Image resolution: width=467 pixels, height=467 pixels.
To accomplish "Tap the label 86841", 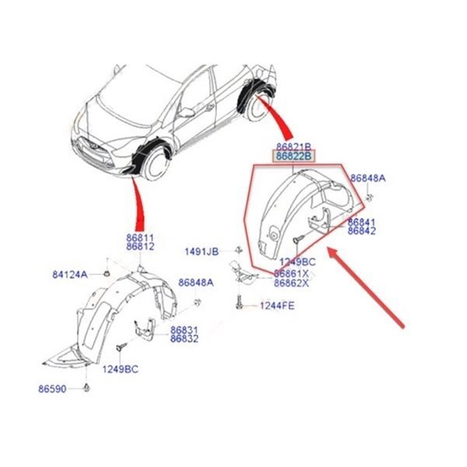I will (362, 221).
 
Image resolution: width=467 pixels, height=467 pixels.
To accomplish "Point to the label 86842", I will (362, 231).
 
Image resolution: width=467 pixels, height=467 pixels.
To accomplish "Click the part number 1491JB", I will (202, 251).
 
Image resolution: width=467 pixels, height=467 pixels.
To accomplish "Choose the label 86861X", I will (291, 274).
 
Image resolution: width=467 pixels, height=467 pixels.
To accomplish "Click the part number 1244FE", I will (276, 306).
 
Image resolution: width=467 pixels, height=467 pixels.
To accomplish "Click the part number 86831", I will (184, 329).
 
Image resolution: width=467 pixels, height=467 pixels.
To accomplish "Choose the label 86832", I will (184, 339).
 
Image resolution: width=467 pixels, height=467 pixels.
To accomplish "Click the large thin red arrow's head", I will (329, 250).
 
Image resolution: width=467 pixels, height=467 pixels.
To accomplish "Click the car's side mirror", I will (186, 112).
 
